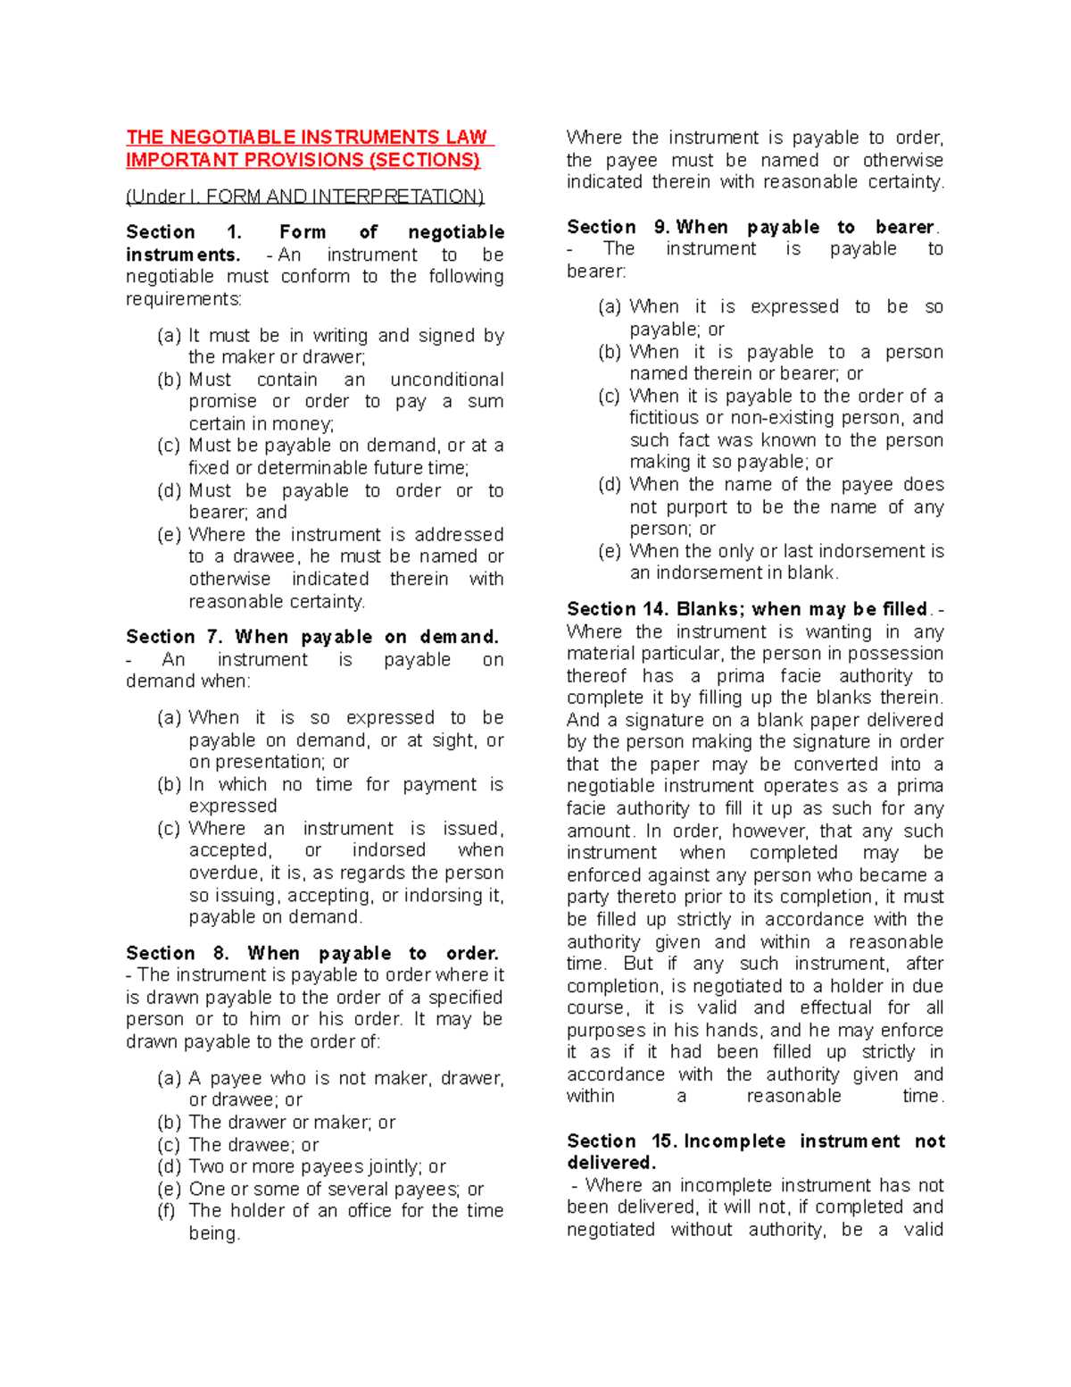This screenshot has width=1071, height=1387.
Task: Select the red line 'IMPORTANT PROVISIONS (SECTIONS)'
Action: [303, 160]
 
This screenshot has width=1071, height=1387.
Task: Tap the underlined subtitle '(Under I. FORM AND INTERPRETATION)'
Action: [304, 196]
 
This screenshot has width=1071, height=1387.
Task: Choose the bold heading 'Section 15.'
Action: [621, 1141]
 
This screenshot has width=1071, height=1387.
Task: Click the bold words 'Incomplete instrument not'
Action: [814, 1141]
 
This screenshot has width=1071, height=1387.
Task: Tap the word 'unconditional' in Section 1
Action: [447, 380]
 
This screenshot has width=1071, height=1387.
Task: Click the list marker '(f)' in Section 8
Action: [167, 1211]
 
